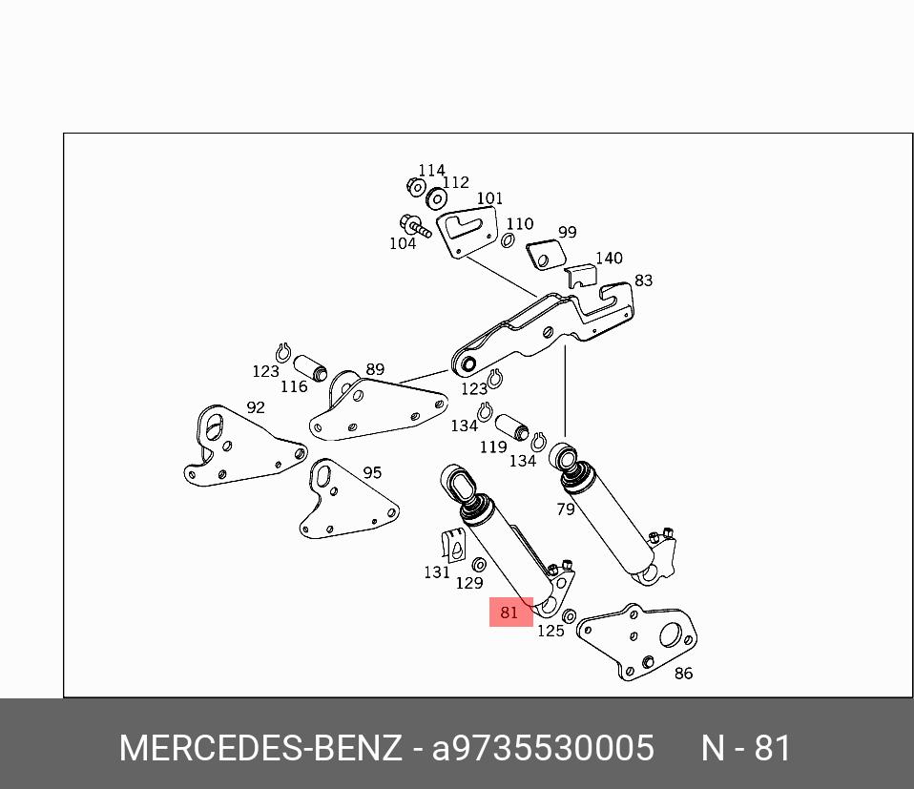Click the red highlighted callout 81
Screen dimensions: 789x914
[x=510, y=612]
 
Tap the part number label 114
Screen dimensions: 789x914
[x=431, y=171]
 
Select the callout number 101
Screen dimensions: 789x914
[x=489, y=198]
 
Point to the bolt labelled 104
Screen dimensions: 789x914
[x=417, y=227]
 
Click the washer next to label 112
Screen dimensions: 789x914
[x=437, y=198]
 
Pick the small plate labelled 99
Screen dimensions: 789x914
[x=547, y=255]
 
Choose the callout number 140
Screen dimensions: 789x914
[x=609, y=259]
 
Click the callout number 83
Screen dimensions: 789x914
[x=643, y=280]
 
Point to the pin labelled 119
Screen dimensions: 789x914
[x=512, y=426]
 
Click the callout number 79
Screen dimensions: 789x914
[x=566, y=509]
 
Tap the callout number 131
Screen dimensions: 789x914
[x=436, y=572]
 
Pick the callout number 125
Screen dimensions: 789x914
[x=550, y=631]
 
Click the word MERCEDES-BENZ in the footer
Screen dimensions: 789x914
[x=260, y=748]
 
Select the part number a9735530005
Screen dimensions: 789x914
[x=543, y=748]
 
